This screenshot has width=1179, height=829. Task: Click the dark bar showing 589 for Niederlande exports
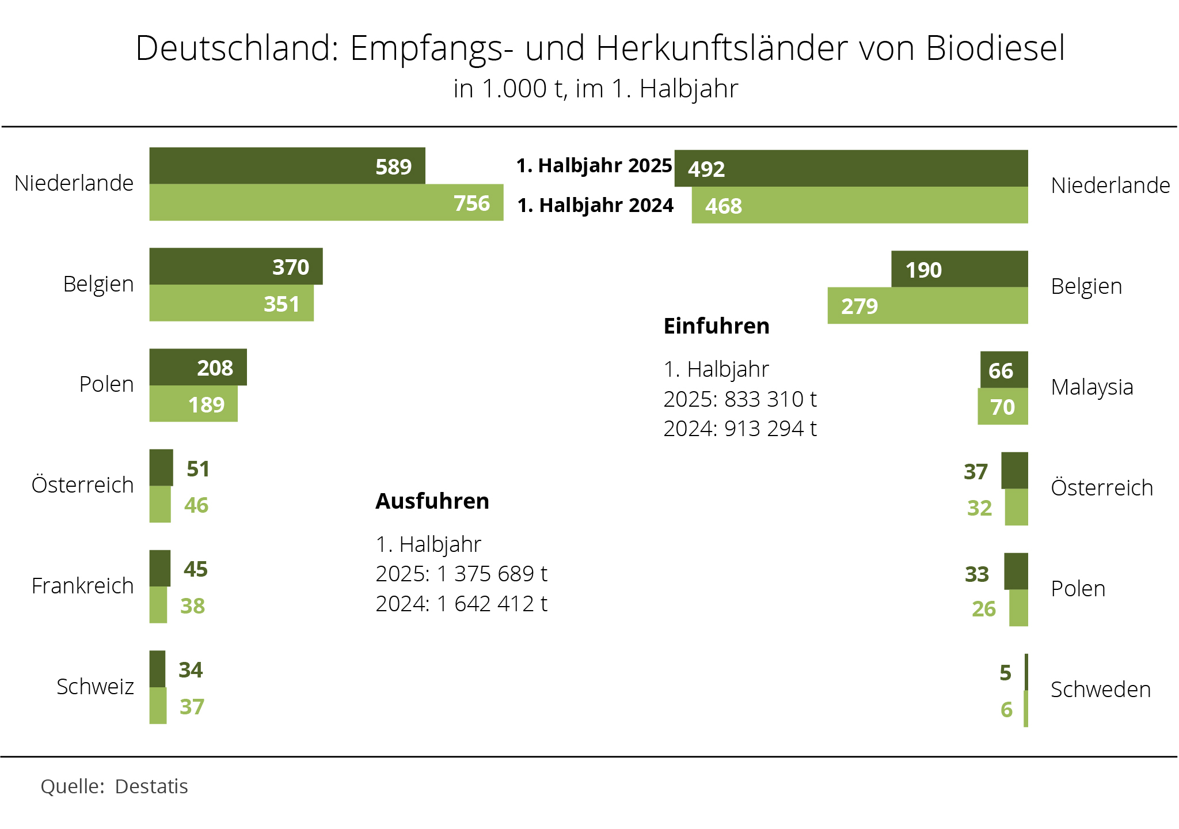point(287,166)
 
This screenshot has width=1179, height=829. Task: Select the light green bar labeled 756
point(326,203)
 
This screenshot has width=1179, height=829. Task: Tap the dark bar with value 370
point(235,267)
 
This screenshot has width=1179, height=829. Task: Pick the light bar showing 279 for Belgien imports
point(927,306)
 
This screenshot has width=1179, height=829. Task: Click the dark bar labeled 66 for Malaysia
point(1003,370)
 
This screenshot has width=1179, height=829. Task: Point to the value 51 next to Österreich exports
point(198,469)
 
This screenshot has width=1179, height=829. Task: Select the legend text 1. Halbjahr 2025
point(594,165)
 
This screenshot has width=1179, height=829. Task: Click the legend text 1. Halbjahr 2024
point(595,205)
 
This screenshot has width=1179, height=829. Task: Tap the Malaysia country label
point(1091,387)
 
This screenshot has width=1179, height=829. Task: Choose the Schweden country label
point(1100,690)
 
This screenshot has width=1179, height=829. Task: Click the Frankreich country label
point(82,586)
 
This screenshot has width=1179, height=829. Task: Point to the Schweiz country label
point(95,687)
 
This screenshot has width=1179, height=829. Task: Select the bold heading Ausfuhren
point(432,501)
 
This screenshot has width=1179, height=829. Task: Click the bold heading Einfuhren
point(716,326)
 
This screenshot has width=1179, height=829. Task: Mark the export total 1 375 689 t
point(492,574)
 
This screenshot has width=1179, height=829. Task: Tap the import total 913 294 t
point(770,429)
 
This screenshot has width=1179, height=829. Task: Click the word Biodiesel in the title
point(995,48)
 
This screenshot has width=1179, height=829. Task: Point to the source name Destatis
point(151,786)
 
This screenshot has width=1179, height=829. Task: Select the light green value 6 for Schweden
point(1006,710)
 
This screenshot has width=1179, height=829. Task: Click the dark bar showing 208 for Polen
point(197,367)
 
